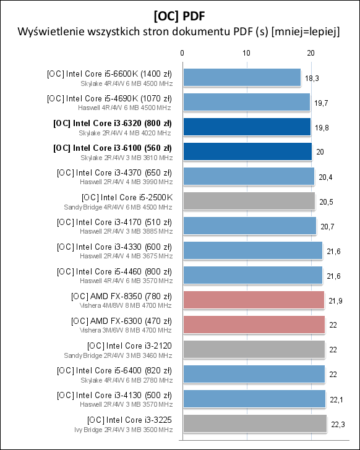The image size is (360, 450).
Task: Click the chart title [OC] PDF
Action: tap(179, 13)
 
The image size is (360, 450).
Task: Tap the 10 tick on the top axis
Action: tap(246, 53)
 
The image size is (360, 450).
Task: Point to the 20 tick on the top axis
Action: tap(311, 53)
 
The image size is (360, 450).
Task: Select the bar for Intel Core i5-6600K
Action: tap(241, 77)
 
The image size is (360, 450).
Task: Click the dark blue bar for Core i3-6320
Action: tap(246, 127)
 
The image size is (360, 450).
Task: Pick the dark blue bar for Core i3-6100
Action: tap(247, 151)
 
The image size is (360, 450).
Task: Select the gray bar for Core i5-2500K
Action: tap(248, 201)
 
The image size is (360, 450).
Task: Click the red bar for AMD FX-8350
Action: tap(253, 300)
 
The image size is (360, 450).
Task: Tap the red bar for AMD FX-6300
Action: tap(253, 325)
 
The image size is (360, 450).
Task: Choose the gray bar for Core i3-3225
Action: tap(254, 423)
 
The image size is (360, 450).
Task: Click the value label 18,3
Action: tap(312, 78)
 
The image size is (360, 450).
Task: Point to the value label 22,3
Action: tap(338, 424)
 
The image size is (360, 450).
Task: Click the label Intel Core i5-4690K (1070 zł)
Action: tap(109, 98)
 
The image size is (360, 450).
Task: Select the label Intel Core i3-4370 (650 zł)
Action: tap(114, 172)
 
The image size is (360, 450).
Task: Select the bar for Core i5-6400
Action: tap(253, 374)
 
